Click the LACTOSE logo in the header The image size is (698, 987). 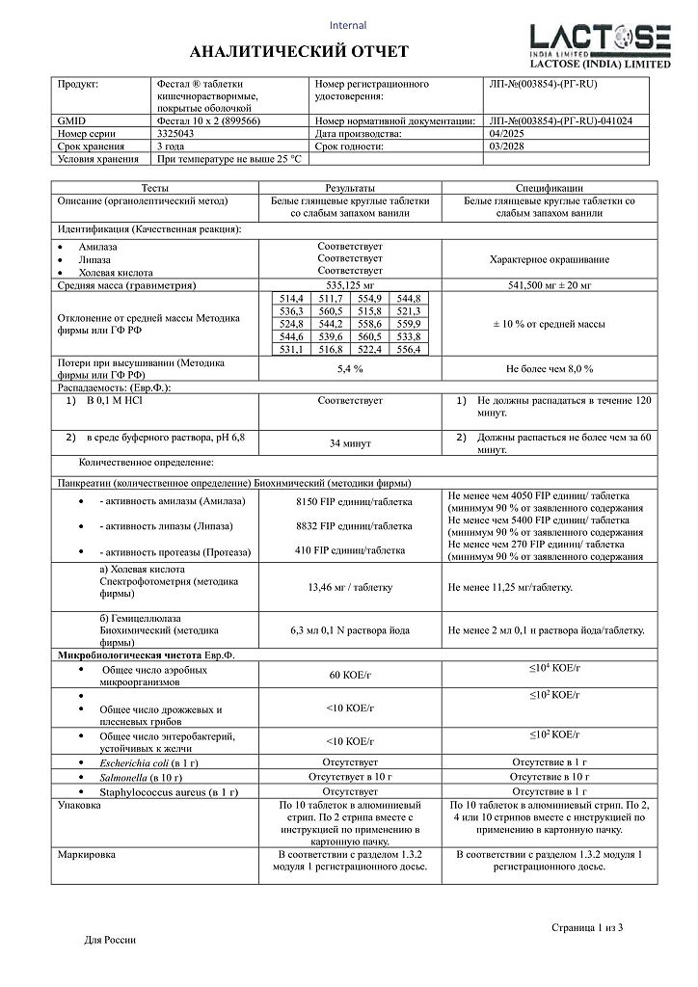coord(600,42)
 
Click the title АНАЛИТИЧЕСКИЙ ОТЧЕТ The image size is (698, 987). coord(299,51)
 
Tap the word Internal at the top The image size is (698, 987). coord(348,25)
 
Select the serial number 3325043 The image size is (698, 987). coord(174,135)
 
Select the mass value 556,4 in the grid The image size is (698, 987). coord(408,349)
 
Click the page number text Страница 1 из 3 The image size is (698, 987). coord(587,927)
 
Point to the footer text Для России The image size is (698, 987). coord(111,940)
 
